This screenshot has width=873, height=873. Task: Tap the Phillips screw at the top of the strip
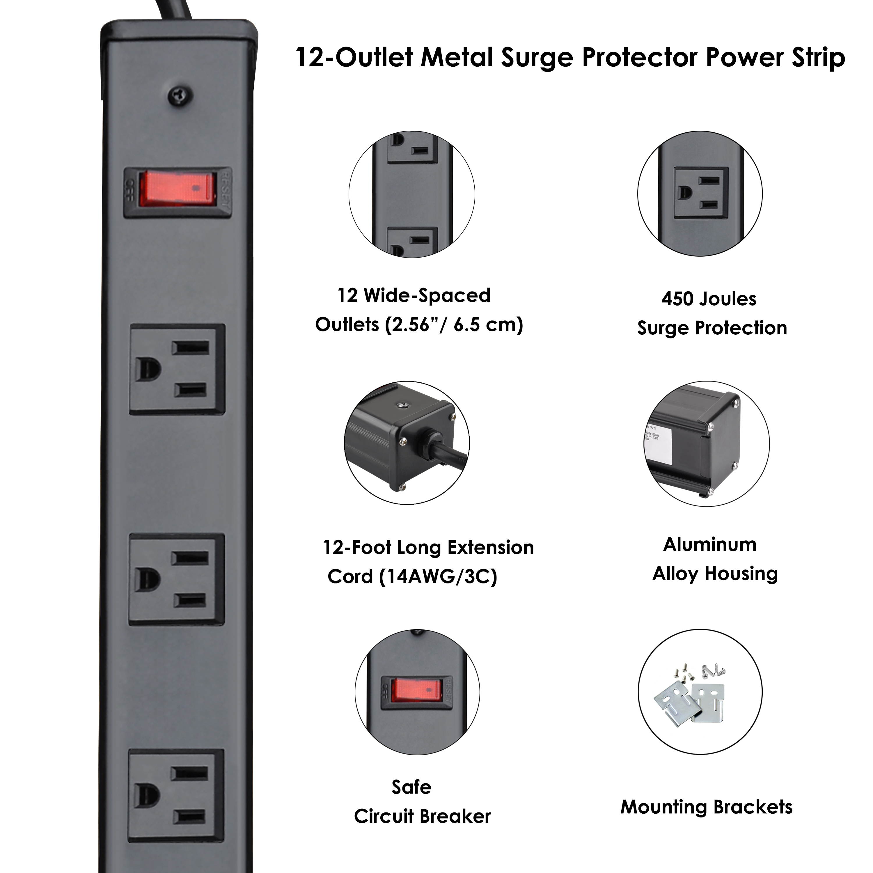(x=180, y=95)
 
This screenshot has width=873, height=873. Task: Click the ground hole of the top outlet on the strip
(x=148, y=370)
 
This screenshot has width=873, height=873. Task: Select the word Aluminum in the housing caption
(x=710, y=544)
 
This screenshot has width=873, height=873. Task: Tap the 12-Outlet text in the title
(x=354, y=58)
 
